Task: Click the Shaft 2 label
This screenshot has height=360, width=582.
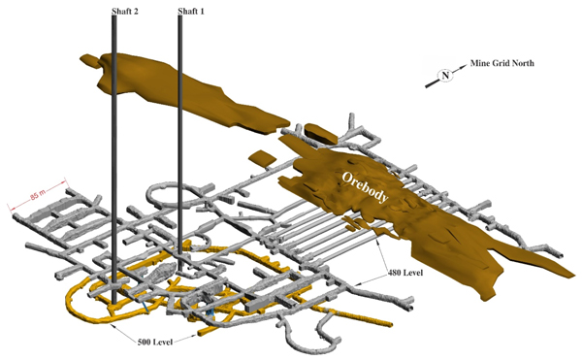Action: [x=125, y=11]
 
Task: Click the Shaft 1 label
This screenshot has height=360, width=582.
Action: [x=191, y=11]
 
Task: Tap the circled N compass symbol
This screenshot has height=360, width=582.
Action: [x=445, y=76]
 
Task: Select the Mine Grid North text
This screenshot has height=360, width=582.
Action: [x=502, y=63]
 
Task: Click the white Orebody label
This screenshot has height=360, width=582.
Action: [x=366, y=187]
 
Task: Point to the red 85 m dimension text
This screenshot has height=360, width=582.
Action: [x=38, y=194]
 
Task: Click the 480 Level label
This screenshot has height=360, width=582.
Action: [x=405, y=273]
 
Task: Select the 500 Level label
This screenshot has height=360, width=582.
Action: [x=155, y=342]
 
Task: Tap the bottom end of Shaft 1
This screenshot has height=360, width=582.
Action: [x=180, y=270]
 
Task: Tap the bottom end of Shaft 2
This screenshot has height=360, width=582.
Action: [x=114, y=302]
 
